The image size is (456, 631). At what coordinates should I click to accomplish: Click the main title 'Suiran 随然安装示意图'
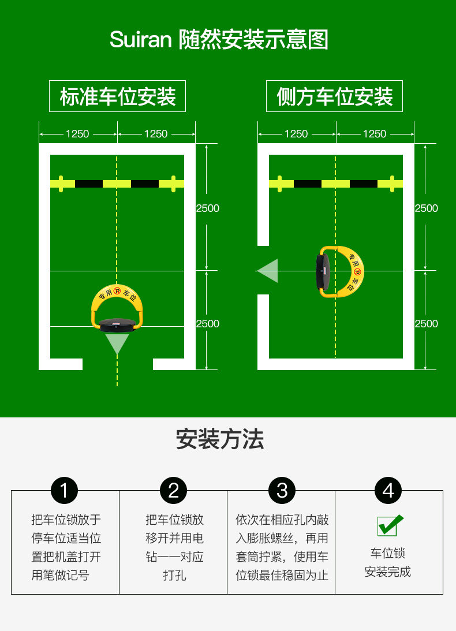point(219,40)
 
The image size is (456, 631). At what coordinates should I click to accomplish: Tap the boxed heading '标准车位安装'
point(118,96)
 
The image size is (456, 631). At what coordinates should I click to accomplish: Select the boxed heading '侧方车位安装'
point(334,96)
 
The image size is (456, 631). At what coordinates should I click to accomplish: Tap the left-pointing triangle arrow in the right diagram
point(268,271)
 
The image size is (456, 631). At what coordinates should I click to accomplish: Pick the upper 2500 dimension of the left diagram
point(207,208)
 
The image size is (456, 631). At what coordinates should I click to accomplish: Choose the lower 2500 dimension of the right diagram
point(426,324)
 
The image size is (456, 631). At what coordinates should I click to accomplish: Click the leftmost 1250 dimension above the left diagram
point(77,134)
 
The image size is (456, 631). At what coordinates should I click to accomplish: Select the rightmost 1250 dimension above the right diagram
point(374,134)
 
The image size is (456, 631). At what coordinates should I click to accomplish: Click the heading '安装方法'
point(220,439)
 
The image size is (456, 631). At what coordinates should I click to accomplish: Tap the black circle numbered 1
point(64,491)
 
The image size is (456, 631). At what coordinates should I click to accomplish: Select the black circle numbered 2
point(173,491)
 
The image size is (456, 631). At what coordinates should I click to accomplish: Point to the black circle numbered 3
point(282,491)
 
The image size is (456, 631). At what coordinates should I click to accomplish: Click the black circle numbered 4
point(388,491)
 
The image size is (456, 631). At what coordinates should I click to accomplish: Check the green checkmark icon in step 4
point(390,525)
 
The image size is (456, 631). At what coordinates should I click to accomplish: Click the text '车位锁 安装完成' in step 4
point(388,563)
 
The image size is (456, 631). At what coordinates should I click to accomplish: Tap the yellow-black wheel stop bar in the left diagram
point(117,184)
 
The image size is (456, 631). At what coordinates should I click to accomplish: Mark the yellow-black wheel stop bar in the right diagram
point(335,184)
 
